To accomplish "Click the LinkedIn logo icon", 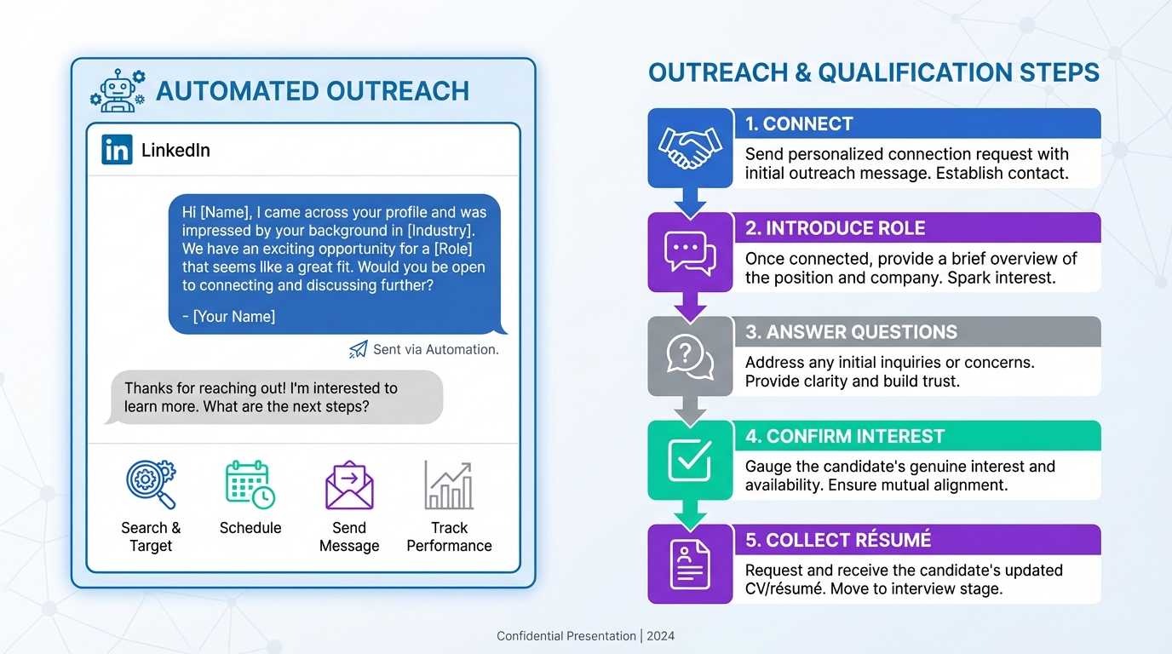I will pyautogui.click(x=117, y=150).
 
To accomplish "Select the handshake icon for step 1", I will pyautogui.click(x=690, y=147).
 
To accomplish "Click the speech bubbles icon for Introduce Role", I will pyautogui.click(x=690, y=252).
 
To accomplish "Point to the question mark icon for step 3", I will pyautogui.click(x=690, y=356).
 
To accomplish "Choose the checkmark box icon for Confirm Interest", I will pyautogui.click(x=690, y=460).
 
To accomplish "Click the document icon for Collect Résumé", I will pyautogui.click(x=690, y=564).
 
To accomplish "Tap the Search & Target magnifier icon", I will pyautogui.click(x=151, y=485).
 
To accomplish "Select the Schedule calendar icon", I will pyautogui.click(x=250, y=485).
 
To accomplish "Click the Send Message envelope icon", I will pyautogui.click(x=349, y=485).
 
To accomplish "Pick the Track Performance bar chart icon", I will pyautogui.click(x=449, y=485).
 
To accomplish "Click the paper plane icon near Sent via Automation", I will pyautogui.click(x=359, y=349).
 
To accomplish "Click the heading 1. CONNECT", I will pyautogui.click(x=798, y=124).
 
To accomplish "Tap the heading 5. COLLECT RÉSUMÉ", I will pyautogui.click(x=837, y=540).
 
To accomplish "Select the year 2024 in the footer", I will pyautogui.click(x=660, y=636).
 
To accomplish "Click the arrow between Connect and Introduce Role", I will pyautogui.click(x=690, y=201).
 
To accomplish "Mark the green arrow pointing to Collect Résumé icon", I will pyautogui.click(x=690, y=513).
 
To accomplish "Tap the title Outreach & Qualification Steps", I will pyautogui.click(x=874, y=72).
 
